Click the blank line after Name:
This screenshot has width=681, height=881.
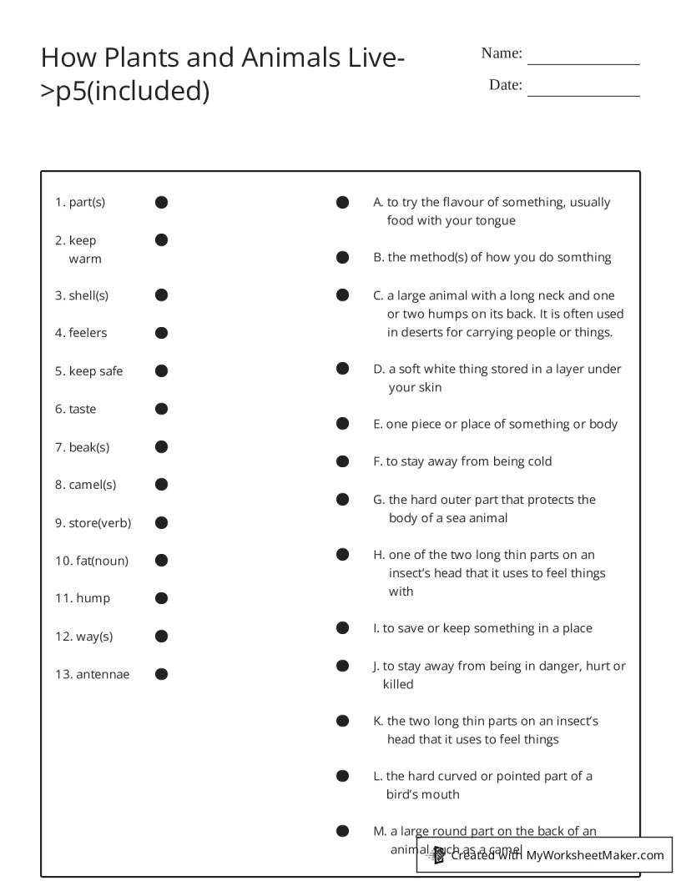[583, 62]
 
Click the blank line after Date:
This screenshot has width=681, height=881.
[583, 93]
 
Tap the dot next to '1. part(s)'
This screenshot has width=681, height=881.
[161, 202]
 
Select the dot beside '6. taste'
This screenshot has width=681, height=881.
[161, 409]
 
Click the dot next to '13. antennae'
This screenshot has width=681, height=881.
[161, 674]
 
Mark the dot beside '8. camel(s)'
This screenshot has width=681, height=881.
[161, 485]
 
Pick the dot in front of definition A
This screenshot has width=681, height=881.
[342, 202]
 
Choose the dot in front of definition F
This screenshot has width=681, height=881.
[342, 461]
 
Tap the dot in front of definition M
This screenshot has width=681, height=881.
[342, 831]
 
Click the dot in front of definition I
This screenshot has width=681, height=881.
[342, 628]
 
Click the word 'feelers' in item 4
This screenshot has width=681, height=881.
[88, 333]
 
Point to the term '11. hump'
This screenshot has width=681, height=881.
[83, 598]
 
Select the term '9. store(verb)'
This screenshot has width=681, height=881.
[93, 523]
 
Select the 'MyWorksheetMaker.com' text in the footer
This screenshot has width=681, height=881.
[595, 855]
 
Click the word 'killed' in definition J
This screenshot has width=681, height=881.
[398, 684]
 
